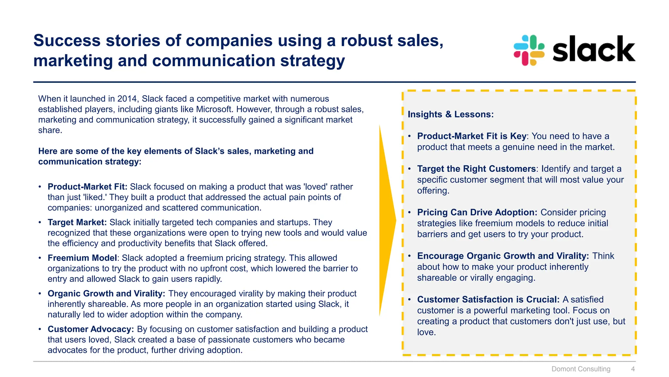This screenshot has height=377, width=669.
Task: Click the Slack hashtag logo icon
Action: coord(529,50)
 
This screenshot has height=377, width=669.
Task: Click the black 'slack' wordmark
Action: coord(594,49)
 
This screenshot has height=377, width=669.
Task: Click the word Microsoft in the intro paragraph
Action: coord(214,109)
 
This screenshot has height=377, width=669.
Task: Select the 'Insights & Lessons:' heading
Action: coord(450,114)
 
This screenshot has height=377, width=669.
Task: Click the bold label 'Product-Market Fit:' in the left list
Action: coord(87,187)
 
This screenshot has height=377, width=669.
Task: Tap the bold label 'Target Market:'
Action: coord(77,222)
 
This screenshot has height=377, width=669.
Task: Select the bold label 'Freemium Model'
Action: coord(82,258)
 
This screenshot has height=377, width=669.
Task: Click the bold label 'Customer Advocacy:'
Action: coord(91,329)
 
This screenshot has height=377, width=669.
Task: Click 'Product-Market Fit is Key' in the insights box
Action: coord(472,136)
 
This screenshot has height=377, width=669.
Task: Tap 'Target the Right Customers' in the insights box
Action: coord(476,169)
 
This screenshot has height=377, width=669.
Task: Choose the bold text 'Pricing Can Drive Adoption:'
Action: coord(477,212)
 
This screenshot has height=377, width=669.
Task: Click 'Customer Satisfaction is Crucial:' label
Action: coord(488,299)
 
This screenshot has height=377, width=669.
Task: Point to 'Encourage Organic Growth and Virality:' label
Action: coord(503,256)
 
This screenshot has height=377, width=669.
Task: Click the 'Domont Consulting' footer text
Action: coord(581,369)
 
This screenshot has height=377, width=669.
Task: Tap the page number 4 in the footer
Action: coord(633,369)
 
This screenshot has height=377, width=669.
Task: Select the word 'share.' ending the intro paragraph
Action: coord(50,130)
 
